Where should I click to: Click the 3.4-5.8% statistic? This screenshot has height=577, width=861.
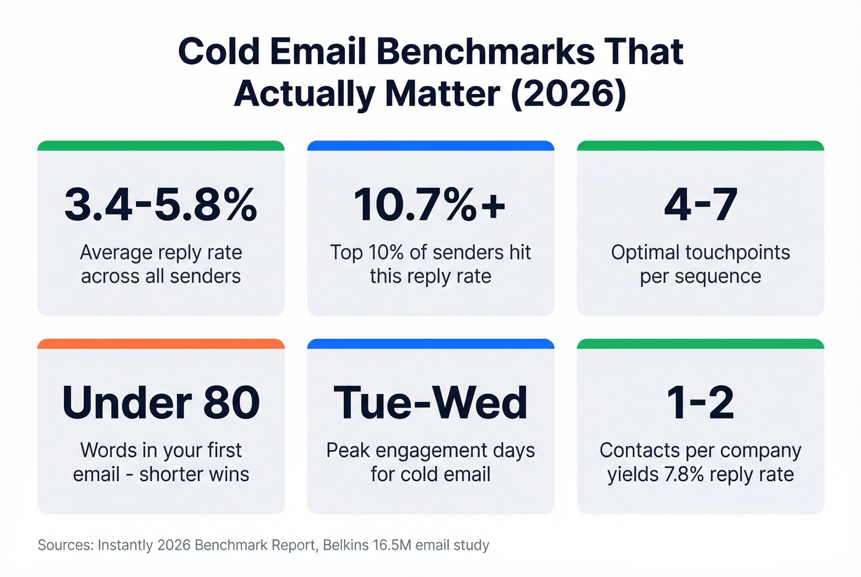click(161, 205)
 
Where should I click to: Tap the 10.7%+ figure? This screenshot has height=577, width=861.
click(430, 205)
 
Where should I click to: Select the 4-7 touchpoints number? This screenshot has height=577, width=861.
click(700, 205)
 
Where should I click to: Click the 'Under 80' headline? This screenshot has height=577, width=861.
click(161, 403)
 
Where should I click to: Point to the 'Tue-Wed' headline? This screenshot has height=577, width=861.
click(430, 403)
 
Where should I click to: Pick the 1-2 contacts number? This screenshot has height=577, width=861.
click(700, 403)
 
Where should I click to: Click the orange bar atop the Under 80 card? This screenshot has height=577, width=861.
click(161, 343)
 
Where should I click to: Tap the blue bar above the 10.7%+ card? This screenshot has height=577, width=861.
click(430, 146)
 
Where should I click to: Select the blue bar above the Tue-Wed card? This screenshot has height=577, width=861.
click(430, 343)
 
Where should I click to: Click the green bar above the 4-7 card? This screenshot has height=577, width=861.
click(700, 146)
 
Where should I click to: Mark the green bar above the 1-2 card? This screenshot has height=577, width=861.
click(700, 343)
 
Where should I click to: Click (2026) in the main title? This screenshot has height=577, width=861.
click(568, 94)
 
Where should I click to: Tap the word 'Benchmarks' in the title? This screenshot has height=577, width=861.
click(485, 52)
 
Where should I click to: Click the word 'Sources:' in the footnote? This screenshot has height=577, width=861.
click(65, 545)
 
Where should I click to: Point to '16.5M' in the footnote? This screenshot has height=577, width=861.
click(392, 545)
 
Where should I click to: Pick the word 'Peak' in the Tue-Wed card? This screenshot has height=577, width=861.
click(347, 450)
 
